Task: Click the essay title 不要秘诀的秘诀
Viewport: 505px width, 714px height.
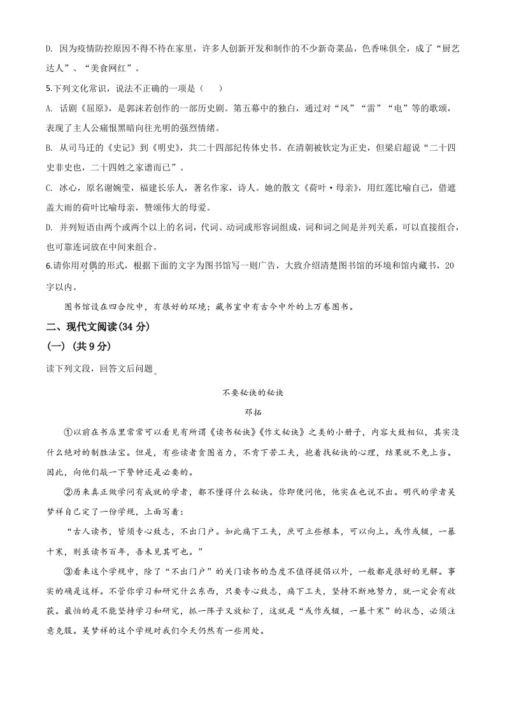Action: coord(252,393)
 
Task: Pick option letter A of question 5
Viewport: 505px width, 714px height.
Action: coord(50,108)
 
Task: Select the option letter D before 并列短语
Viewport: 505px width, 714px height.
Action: coord(50,227)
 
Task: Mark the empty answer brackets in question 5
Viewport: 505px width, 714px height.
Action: coord(210,88)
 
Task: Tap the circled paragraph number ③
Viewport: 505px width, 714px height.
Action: coord(69,571)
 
